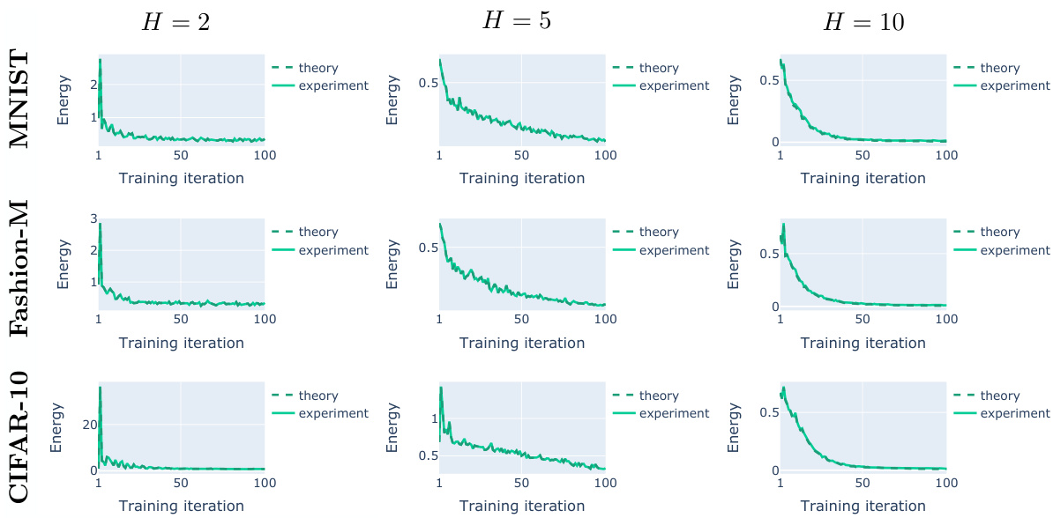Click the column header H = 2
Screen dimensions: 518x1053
point(176,23)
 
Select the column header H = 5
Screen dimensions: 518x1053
point(517,21)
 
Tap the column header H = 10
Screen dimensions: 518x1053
point(863,23)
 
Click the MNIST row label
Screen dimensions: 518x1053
point(21,100)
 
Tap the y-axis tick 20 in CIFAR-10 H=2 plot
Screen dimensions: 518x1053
point(86,425)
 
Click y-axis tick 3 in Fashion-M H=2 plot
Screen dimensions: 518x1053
point(92,218)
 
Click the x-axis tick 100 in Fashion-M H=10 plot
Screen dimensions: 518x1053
point(946,319)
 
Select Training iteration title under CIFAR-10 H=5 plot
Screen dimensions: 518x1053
point(522,506)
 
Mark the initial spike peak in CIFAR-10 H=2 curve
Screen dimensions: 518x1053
point(101,388)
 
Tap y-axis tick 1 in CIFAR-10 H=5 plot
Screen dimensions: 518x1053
point(432,419)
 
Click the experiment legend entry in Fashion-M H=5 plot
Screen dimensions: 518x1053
point(674,250)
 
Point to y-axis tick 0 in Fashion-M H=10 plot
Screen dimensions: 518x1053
point(773,307)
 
